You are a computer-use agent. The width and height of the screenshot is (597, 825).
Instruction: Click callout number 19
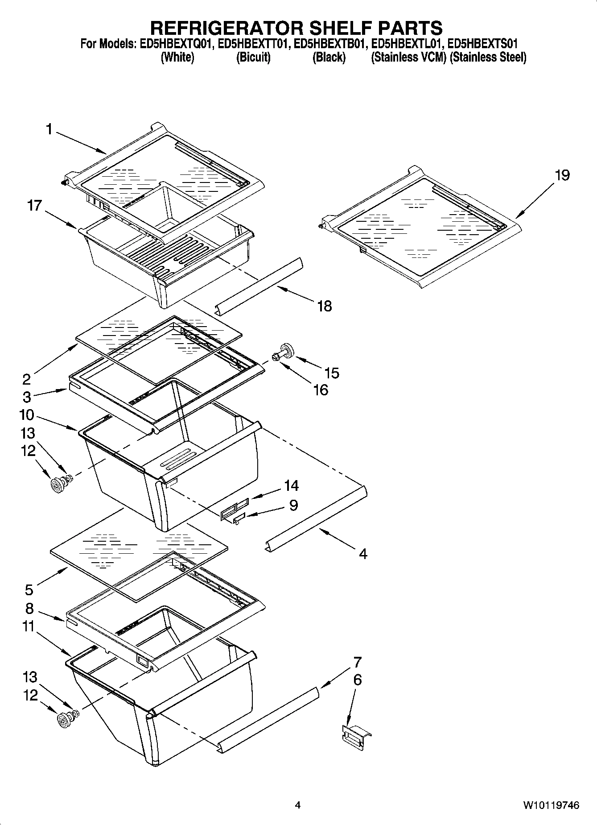562,175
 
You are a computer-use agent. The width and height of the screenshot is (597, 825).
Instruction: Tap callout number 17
34,206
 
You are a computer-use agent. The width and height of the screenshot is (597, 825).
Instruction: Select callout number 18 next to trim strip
325,306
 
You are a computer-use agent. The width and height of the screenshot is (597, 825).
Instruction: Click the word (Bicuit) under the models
253,58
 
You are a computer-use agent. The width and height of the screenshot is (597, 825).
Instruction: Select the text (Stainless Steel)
488,58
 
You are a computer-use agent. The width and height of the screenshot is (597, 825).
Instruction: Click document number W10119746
551,805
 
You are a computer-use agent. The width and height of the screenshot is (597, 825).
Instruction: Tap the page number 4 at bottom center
298,805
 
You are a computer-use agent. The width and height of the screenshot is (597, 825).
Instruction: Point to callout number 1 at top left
49,130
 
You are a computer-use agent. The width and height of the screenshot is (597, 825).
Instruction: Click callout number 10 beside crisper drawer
27,415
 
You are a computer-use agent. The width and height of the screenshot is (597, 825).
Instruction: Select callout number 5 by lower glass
29,590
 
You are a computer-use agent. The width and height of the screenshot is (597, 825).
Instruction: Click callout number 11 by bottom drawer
28,626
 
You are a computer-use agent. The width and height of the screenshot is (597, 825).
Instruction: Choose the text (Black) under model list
329,58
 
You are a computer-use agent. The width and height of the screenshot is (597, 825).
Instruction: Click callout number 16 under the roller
321,390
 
